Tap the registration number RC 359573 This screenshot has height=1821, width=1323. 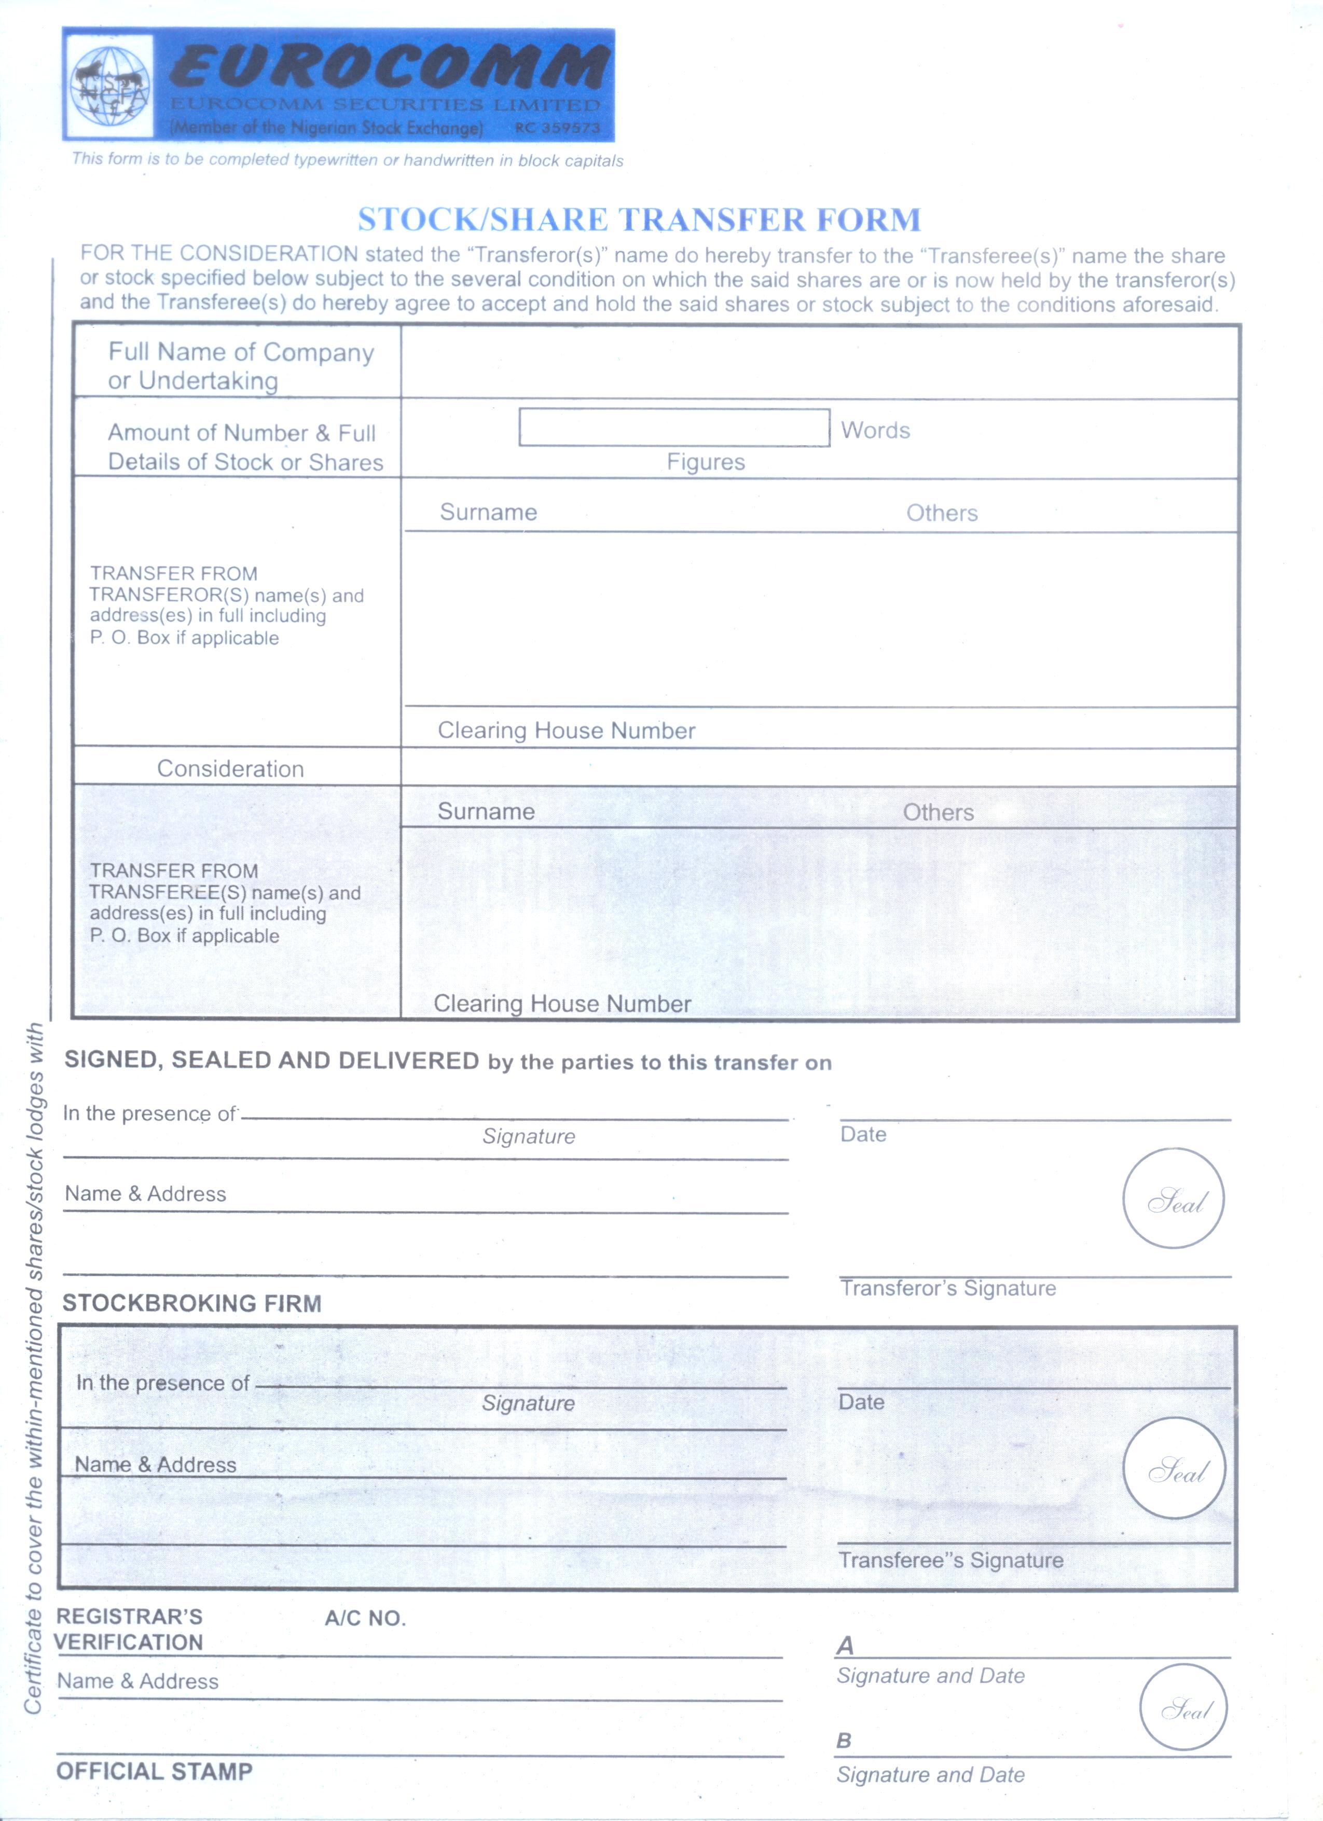tap(557, 128)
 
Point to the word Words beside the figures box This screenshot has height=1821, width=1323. tap(875, 431)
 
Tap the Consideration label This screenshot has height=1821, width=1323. tap(230, 768)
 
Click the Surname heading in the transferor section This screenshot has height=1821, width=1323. tap(488, 512)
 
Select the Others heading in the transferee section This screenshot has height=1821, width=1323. tap(938, 812)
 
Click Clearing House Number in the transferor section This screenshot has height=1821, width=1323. tap(566, 730)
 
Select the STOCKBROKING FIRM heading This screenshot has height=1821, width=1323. tap(192, 1303)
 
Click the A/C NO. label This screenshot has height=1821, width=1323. tap(365, 1618)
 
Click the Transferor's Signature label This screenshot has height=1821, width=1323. tap(947, 1288)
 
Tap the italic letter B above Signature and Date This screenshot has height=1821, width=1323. tap(843, 1741)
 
